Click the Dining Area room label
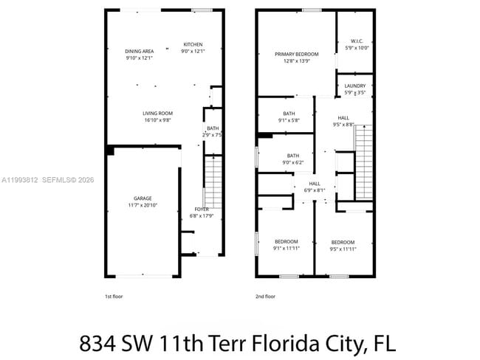[139, 51]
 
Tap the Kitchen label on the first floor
[193, 44]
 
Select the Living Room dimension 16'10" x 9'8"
[157, 119]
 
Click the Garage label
[143, 198]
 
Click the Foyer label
[202, 210]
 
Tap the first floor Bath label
[213, 129]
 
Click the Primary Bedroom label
[296, 54]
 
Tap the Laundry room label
[354, 86]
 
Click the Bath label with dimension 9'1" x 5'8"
[288, 114]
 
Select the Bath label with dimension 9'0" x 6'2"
[293, 156]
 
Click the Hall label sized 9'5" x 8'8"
[344, 118]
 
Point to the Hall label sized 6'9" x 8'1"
[315, 184]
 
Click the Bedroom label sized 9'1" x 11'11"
[287, 242]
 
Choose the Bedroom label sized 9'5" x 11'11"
[343, 243]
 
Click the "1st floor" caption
[114, 296]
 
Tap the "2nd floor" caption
[265, 296]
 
